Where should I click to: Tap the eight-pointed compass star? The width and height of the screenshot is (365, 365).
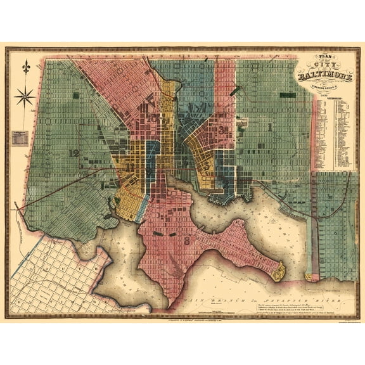[27, 96]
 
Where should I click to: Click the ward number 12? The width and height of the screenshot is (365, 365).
[76, 153]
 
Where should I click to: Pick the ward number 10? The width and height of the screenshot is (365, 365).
[152, 118]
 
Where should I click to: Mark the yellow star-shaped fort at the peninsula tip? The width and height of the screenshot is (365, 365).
[278, 272]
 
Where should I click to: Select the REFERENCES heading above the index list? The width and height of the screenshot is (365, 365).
[334, 98]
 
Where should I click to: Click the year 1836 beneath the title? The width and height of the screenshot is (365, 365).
[325, 93]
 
